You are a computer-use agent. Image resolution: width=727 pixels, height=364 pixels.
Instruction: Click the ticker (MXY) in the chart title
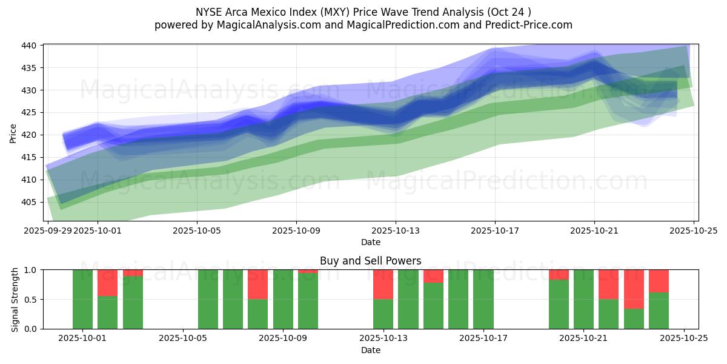351,12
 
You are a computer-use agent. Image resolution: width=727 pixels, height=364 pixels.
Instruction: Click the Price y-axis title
13,133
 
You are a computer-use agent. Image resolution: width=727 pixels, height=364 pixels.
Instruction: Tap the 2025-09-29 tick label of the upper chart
48,231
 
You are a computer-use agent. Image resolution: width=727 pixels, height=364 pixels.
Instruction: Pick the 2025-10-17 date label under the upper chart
495,231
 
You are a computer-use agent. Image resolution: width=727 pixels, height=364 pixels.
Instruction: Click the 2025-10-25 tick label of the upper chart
694,231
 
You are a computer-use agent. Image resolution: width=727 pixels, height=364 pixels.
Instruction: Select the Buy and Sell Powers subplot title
370,261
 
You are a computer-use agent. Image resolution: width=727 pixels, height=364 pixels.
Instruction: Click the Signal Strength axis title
15,299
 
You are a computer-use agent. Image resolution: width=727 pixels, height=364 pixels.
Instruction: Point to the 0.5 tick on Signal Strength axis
31,300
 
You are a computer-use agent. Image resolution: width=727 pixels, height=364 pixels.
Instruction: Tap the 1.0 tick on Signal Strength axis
31,270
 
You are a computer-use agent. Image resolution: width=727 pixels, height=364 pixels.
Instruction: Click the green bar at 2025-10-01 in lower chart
82,299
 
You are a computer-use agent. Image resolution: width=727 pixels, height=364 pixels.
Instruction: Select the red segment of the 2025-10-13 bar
383,284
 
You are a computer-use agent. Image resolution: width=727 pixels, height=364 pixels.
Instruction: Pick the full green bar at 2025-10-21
583,299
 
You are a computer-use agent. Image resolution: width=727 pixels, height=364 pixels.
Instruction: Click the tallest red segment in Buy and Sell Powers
634,289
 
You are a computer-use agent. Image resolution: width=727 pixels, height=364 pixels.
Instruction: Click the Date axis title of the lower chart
370,350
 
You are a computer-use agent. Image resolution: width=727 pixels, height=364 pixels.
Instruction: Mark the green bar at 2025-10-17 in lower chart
483,299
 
